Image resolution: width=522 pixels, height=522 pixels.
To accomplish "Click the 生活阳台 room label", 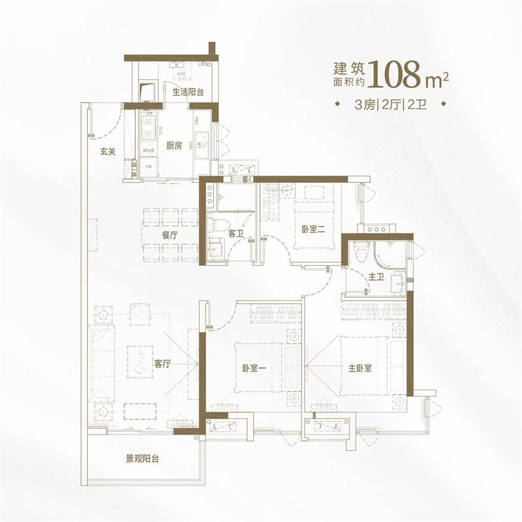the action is (x=188, y=92).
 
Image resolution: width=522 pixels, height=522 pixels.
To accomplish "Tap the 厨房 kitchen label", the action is (x=174, y=146).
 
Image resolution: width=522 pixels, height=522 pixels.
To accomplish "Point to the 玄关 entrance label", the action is (x=108, y=152).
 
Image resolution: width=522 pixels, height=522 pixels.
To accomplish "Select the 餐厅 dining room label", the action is (x=170, y=235).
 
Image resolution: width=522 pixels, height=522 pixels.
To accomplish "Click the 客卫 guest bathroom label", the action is (x=236, y=234).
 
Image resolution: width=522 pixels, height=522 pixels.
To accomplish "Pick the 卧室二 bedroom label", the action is (x=313, y=229).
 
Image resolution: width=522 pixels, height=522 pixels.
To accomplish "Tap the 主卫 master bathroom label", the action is (x=376, y=277).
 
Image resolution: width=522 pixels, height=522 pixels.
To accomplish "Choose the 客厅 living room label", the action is (x=162, y=364).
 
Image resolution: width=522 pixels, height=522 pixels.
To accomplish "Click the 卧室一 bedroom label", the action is (x=254, y=369).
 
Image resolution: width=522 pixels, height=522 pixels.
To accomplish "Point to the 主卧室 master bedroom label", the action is (x=360, y=368).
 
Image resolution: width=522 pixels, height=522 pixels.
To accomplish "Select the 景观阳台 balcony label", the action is (x=142, y=459).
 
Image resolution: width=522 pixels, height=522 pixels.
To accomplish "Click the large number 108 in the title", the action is (x=395, y=74).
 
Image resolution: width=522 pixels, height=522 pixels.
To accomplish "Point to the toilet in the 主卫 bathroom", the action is (x=361, y=251).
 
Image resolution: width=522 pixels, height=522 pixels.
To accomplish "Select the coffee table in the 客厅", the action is (x=140, y=362).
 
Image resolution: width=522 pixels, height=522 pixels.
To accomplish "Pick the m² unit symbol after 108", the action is (x=437, y=80).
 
